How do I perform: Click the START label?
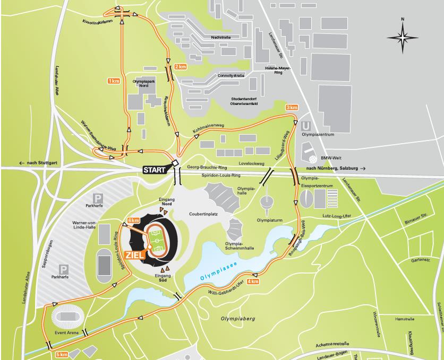(155, 170)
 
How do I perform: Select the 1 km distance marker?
(113, 81)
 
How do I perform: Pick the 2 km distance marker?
(180, 67)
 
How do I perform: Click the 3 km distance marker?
(292, 108)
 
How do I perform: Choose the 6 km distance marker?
(133, 221)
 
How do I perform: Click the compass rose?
(403, 36)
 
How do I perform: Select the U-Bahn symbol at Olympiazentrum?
(305, 126)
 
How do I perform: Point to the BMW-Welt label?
(332, 158)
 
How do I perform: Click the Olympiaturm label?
(268, 218)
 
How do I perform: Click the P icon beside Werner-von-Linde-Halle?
(98, 197)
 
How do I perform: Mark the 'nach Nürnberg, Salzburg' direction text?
(336, 168)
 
